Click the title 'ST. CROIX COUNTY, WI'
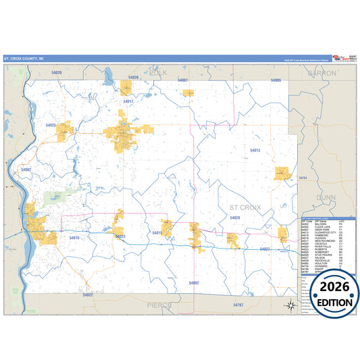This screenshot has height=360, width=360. (x=24, y=59)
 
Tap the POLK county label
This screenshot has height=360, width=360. (x=157, y=72)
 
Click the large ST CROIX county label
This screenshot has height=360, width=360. (x=245, y=207)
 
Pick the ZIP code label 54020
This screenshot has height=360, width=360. (x=55, y=72)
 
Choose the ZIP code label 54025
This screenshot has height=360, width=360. (x=51, y=125)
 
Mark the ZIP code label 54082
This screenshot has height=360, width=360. (x=26, y=170)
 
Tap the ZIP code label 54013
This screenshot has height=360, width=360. (x=255, y=150)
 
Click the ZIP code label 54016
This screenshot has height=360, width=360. (x=74, y=237)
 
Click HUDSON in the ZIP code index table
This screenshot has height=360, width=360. (x=320, y=238)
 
